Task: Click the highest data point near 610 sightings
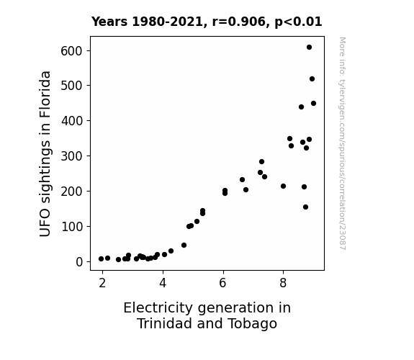pyautogui.click(x=309, y=48)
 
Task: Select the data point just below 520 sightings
pyautogui.click(x=312, y=79)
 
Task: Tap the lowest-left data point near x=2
pyautogui.click(x=101, y=259)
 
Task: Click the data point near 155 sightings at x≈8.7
pyautogui.click(x=305, y=207)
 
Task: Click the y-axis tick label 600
pyautogui.click(x=71, y=51)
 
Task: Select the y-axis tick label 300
pyautogui.click(x=71, y=156)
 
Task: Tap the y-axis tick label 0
pyautogui.click(x=79, y=262)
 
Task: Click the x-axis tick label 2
pyautogui.click(x=102, y=284)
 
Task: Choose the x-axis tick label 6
pyautogui.click(x=223, y=284)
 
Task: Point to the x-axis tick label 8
pyautogui.click(x=283, y=284)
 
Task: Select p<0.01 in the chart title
pyautogui.click(x=298, y=22)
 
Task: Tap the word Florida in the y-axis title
pyautogui.click(x=45, y=94)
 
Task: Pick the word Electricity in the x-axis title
pyautogui.click(x=158, y=308)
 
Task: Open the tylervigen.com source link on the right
pyautogui.click(x=343, y=143)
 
